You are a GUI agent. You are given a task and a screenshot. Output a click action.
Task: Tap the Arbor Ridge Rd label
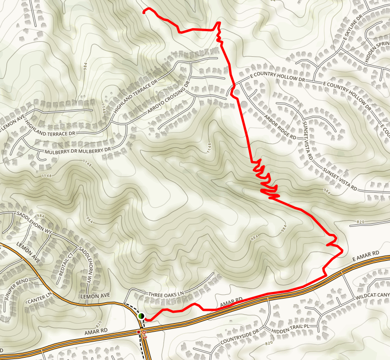(x=280, y=126)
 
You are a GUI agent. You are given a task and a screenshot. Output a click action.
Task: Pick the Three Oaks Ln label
(x=166, y=294)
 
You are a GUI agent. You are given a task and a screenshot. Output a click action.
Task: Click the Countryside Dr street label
(x=239, y=337)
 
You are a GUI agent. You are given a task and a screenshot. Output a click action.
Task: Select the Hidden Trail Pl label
(x=287, y=326)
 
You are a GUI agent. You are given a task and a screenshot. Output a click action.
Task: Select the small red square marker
(x=139, y=332)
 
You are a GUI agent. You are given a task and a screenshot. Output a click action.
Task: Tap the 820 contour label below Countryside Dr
(x=270, y=343)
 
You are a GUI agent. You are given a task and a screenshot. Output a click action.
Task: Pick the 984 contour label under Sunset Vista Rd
(x=326, y=191)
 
